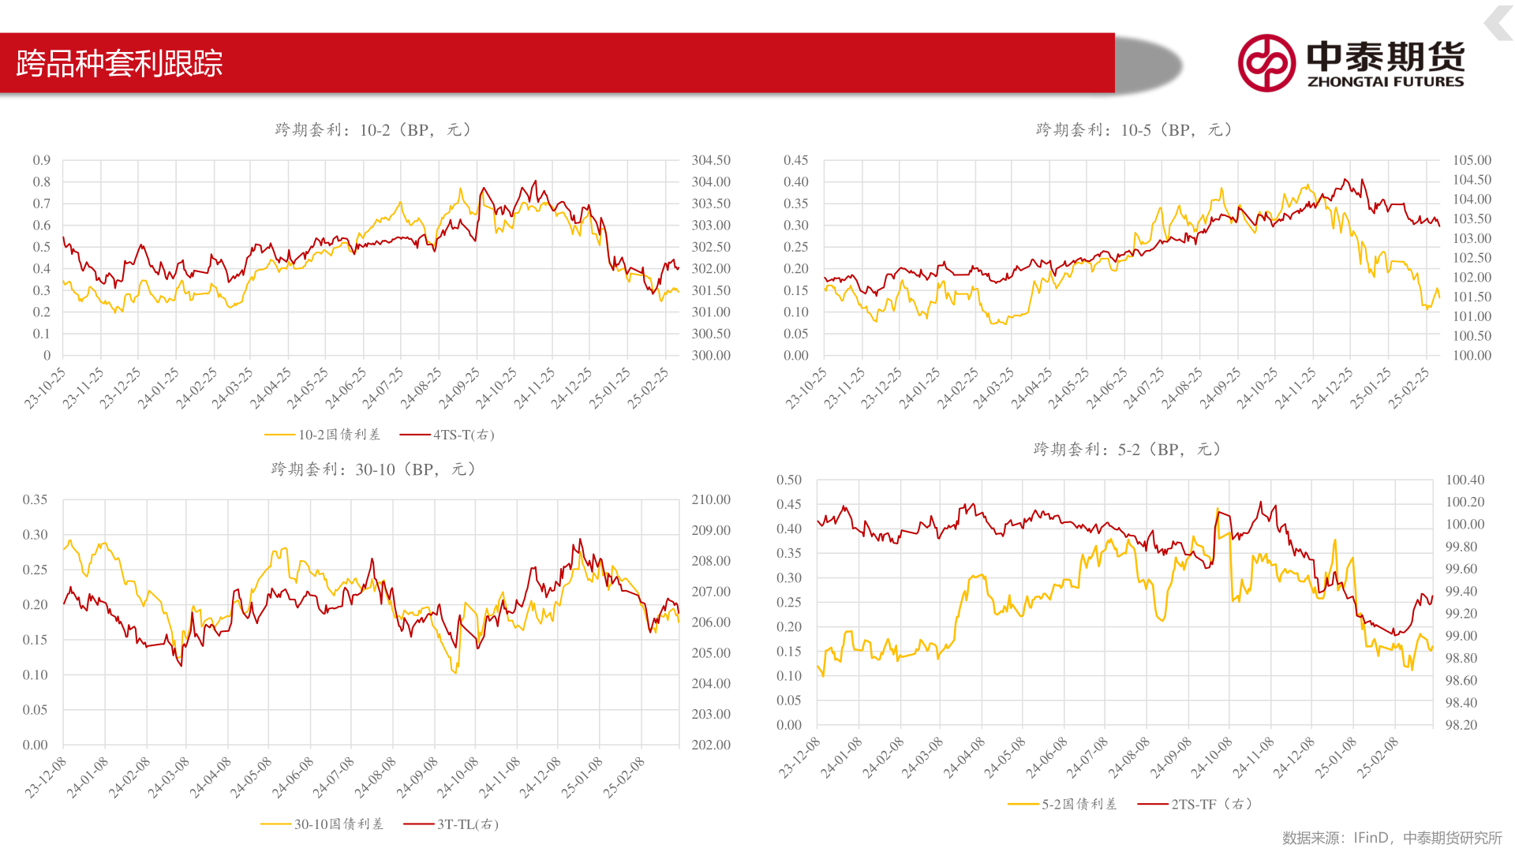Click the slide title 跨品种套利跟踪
click(119, 63)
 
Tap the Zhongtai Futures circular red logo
click(1266, 63)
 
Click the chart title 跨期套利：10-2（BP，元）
click(372, 130)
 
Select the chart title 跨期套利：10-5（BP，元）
click(1134, 130)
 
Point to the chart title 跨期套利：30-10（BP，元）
click(373, 469)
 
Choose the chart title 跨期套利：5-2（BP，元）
click(1128, 450)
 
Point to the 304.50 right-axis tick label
click(711, 160)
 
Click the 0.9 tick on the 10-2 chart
click(42, 160)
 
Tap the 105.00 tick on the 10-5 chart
click(1472, 160)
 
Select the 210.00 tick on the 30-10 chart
click(711, 499)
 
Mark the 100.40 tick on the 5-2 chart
click(1464, 480)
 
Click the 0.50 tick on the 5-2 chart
click(789, 480)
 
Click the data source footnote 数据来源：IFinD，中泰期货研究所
click(1392, 838)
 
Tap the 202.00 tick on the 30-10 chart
click(711, 745)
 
